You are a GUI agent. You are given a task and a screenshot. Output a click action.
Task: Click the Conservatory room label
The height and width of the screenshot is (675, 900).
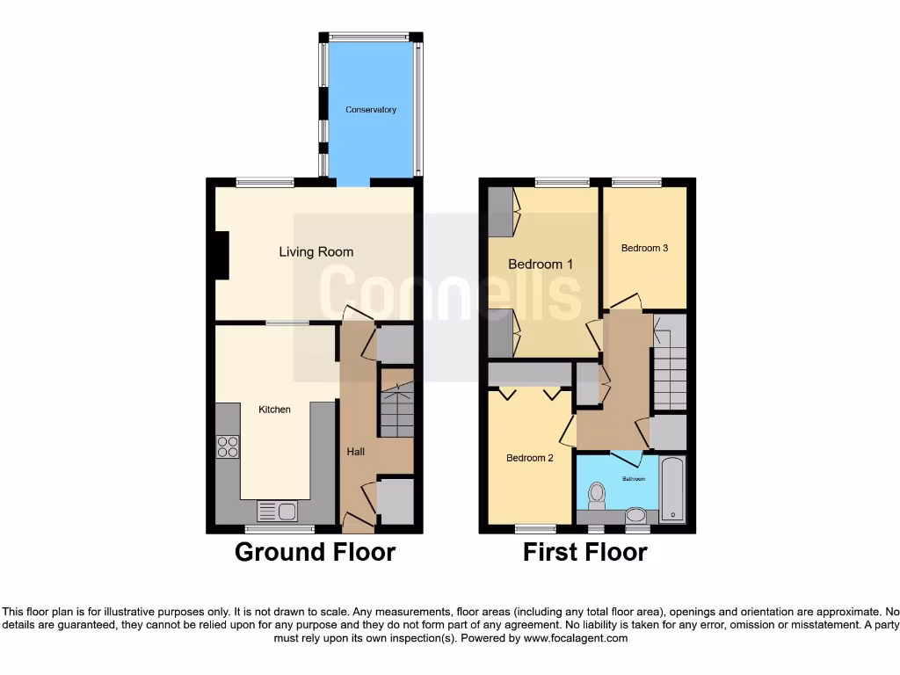370,110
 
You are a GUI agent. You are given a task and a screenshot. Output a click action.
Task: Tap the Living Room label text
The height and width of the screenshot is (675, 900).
316,252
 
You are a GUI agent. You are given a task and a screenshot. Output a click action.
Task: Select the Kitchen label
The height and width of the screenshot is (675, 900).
274,410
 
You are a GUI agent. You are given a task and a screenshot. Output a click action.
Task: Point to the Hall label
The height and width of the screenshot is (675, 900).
355,452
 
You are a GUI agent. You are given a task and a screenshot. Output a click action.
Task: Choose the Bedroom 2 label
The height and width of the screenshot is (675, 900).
529,458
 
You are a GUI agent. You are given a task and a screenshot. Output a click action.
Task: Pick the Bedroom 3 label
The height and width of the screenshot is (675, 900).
644,248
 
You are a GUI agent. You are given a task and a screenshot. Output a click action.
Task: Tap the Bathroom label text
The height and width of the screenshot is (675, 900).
633,479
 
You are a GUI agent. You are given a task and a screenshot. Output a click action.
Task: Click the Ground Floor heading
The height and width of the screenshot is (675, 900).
315,553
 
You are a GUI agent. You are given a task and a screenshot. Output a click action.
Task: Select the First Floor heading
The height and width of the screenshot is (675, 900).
584,553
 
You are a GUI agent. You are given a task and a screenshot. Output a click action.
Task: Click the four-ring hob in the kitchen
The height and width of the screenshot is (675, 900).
228,447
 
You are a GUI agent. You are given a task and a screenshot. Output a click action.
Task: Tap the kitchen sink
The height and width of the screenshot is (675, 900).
277,510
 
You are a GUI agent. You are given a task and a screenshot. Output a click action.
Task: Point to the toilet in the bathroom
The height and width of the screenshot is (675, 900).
598,495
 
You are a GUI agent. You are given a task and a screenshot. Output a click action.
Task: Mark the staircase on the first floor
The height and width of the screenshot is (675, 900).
670,369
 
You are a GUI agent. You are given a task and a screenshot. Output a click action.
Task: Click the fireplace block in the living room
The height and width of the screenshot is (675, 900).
223,255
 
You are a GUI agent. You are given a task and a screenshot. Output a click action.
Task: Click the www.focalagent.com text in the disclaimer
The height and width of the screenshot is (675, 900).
576,638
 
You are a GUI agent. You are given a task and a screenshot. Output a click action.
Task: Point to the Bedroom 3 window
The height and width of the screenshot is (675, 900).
636,182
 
